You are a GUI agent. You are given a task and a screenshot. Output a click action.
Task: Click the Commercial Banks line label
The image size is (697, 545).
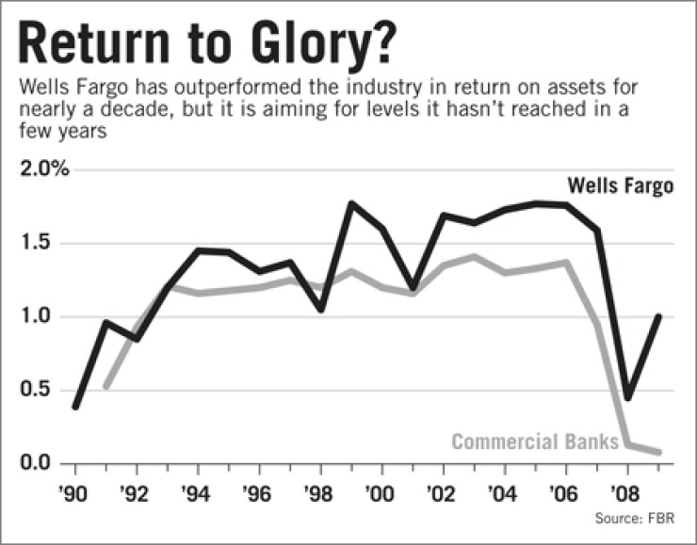535,441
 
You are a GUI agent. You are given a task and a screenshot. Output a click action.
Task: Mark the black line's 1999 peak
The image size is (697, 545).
351,203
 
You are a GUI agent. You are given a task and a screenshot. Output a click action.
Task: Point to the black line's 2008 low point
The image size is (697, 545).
627,398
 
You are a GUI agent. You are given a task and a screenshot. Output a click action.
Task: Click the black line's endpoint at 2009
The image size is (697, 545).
658,317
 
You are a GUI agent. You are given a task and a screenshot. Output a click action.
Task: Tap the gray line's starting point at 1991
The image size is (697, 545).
105,386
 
